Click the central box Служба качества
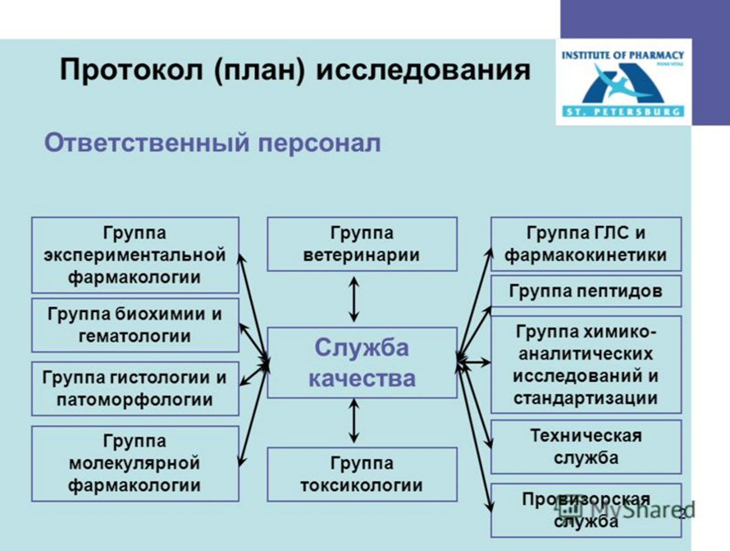(x=362, y=362)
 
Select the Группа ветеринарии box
(x=362, y=244)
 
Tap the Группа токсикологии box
(x=362, y=475)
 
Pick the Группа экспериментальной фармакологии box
(x=136, y=255)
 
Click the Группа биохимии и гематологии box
(x=136, y=325)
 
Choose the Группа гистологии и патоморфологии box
(x=136, y=388)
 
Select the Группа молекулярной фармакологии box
(x=136, y=463)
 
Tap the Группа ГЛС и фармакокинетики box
(x=586, y=244)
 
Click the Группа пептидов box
(x=586, y=291)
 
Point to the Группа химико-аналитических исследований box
(x=586, y=365)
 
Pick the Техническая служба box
(x=586, y=447)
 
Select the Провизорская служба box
(x=586, y=510)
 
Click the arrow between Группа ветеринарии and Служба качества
(x=354, y=300)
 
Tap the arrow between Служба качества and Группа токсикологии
(x=354, y=421)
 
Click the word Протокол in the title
(x=131, y=70)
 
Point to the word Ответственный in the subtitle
(x=147, y=143)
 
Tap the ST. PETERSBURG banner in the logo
(x=623, y=111)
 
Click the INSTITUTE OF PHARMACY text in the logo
(x=623, y=55)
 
